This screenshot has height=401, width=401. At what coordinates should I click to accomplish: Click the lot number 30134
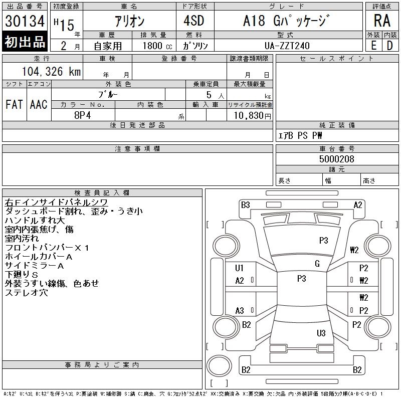[25, 21]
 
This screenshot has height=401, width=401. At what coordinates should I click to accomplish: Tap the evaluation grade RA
[382, 21]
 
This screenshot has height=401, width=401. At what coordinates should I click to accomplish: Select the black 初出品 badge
[25, 42]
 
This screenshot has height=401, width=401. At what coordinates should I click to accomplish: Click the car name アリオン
[129, 21]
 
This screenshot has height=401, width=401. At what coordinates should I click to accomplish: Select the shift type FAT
[14, 104]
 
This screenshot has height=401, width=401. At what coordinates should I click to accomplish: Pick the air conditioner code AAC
[39, 104]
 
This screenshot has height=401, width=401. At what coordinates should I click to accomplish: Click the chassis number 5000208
[336, 159]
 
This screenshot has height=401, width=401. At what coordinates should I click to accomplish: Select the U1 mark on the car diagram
[240, 268]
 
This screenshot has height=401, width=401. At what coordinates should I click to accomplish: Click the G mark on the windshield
[317, 264]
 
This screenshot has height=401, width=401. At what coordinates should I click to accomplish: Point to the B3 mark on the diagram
[245, 205]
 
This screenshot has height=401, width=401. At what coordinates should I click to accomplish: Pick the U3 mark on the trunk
[321, 333]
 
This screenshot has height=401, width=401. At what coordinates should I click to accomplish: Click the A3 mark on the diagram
[240, 311]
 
